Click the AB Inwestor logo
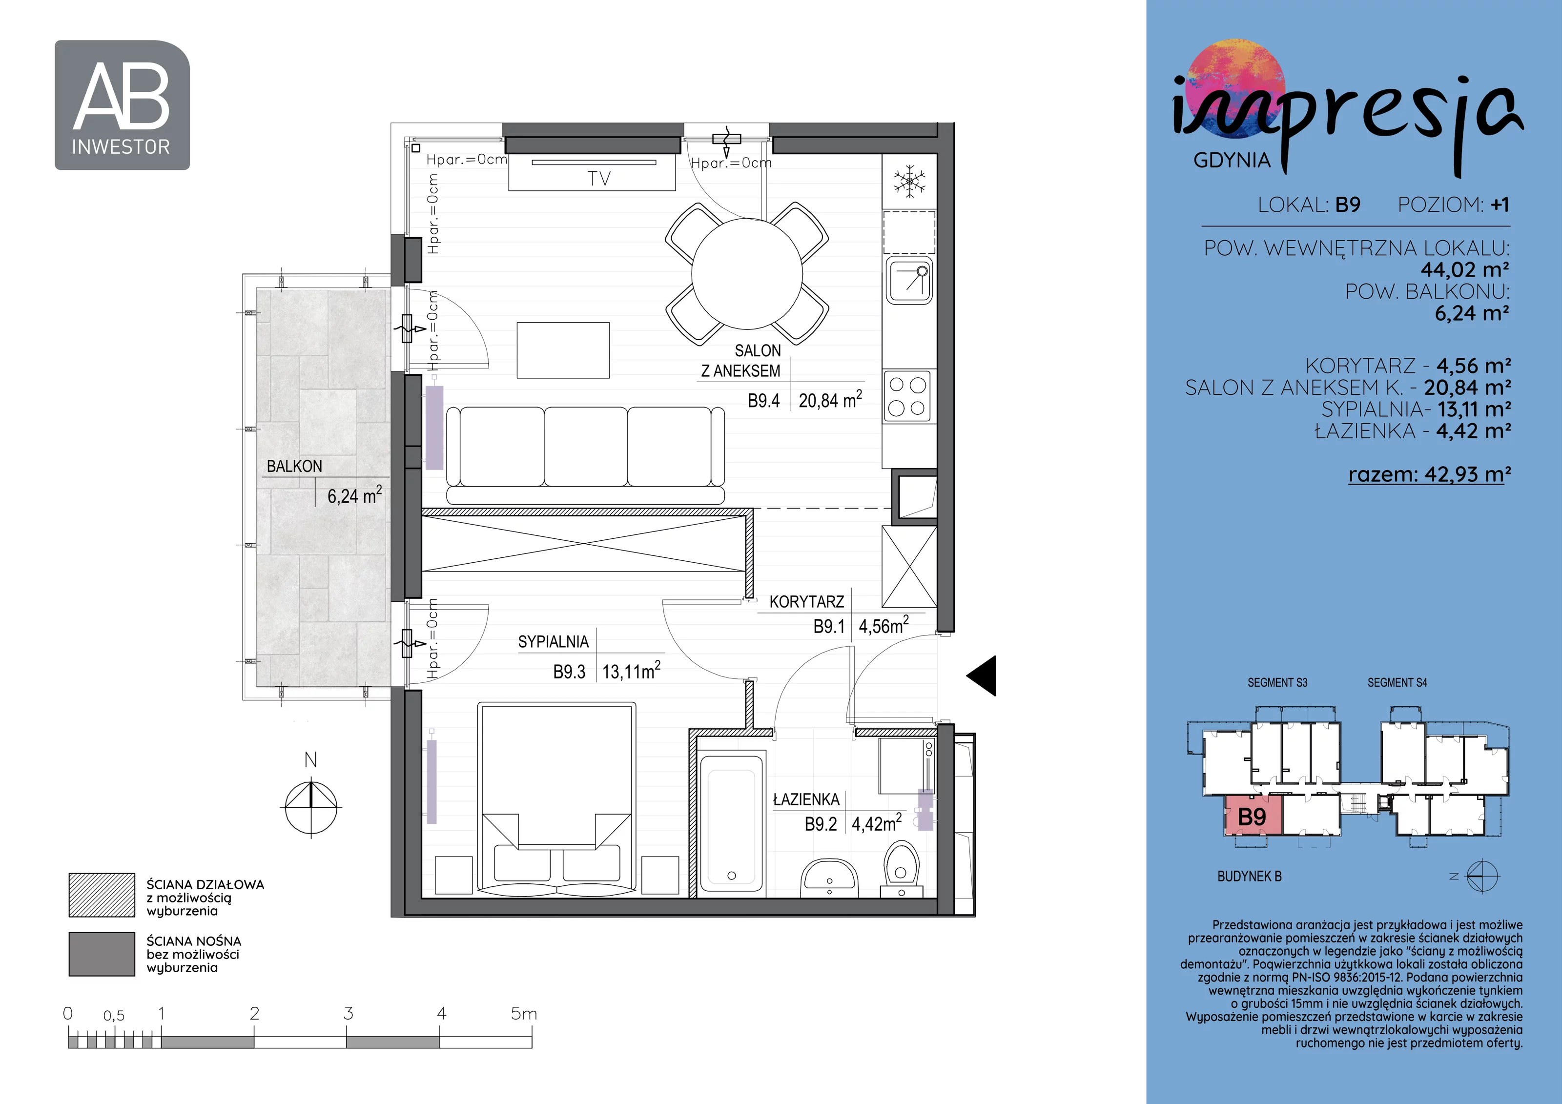click(x=123, y=105)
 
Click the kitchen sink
click(x=909, y=281)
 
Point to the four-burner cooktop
click(x=908, y=395)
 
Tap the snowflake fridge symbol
click(x=909, y=182)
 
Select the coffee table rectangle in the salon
click(x=563, y=350)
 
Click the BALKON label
click(x=294, y=467)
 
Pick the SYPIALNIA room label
click(x=553, y=642)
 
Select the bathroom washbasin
click(x=829, y=877)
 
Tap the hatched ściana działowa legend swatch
click(x=102, y=895)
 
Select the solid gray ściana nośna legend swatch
click(x=102, y=954)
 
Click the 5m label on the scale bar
click(x=524, y=1014)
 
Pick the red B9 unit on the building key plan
click(x=1253, y=816)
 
